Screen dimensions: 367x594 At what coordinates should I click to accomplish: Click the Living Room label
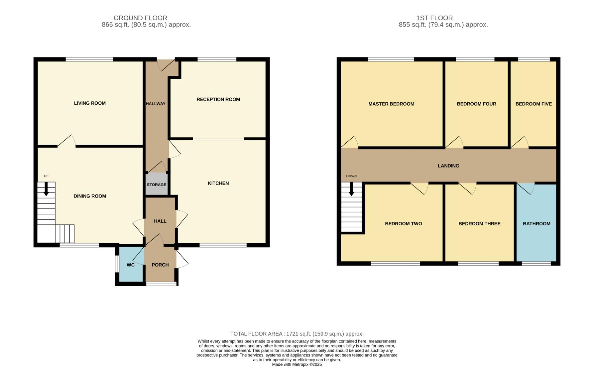[x=90, y=103]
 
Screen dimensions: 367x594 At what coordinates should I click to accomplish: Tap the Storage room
[x=157, y=185]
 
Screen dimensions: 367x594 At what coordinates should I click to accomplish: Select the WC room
[x=130, y=265]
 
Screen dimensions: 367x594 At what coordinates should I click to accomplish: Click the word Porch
[x=160, y=265]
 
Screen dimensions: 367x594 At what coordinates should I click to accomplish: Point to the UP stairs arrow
[x=46, y=189]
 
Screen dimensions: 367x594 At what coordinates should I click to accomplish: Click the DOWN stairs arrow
[x=352, y=189]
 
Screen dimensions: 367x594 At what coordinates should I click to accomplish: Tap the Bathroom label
[x=536, y=224]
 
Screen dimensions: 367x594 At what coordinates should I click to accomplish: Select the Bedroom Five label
[x=533, y=104]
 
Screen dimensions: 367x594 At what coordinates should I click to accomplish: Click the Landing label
[x=448, y=166]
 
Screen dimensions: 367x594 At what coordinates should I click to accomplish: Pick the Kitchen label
[x=218, y=183]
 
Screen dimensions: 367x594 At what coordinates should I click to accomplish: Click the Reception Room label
[x=218, y=100]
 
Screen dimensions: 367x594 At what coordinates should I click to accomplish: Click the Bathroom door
[x=526, y=189]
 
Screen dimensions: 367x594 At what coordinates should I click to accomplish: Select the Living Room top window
[x=89, y=59]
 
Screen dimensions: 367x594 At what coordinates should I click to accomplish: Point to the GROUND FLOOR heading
[x=140, y=18]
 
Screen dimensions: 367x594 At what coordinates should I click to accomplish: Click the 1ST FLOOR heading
[x=434, y=18]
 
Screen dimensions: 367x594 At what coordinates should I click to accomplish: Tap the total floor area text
[x=297, y=334]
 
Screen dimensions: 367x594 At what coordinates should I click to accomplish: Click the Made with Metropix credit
[x=297, y=364]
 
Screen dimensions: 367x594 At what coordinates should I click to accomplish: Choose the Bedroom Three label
[x=479, y=224]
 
